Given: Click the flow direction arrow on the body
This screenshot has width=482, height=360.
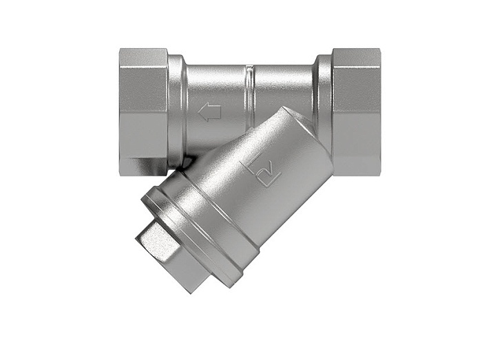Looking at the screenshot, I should (209, 112).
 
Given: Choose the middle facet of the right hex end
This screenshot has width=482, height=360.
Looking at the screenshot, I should (356, 110).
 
